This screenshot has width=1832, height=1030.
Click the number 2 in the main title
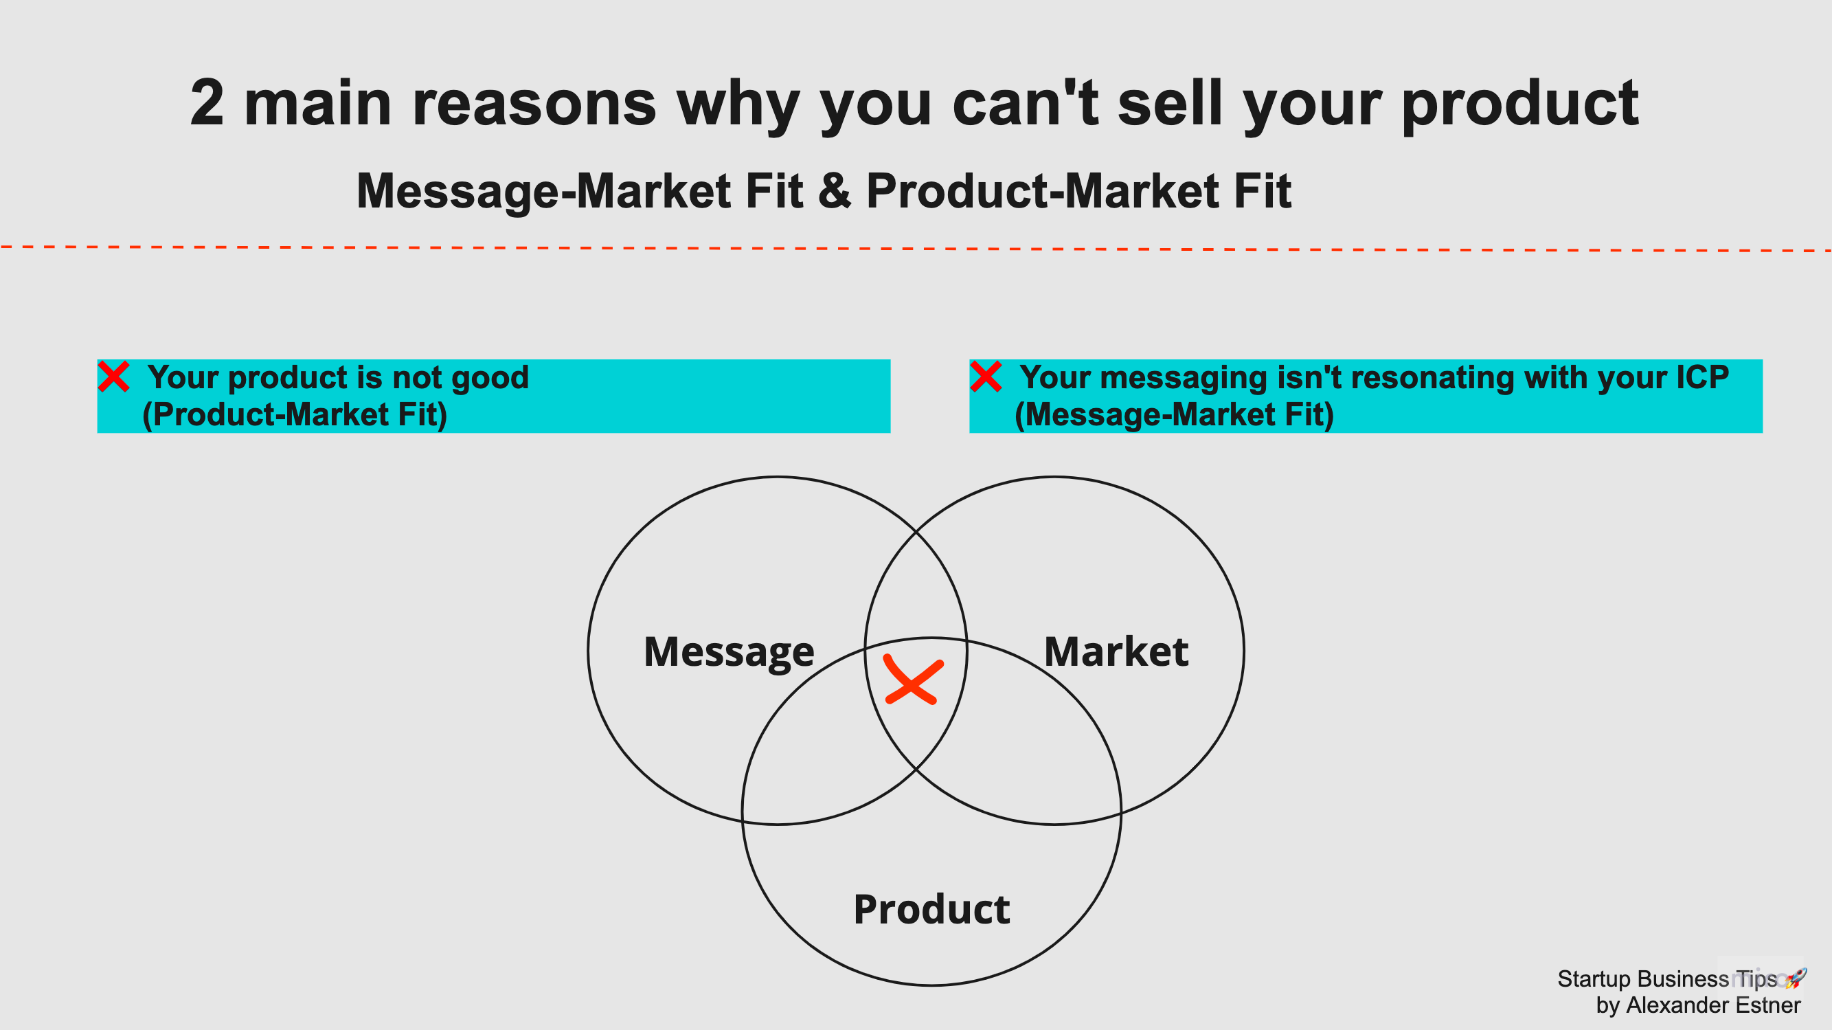pos(207,104)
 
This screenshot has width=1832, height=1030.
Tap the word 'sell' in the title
pos(1169,104)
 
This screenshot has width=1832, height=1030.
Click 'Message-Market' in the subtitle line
pos(543,192)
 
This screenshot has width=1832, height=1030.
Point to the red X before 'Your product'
pos(114,377)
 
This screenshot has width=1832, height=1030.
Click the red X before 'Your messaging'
pos(986,377)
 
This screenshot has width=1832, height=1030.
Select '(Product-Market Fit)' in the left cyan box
pos(295,415)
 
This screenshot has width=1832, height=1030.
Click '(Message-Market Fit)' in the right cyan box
pos(1174,415)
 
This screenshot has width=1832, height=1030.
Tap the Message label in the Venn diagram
pos(729,651)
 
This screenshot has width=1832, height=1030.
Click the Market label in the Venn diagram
pos(1116,651)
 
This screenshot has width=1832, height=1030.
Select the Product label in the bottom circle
pos(931,909)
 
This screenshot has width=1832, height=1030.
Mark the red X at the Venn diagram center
pos(913,682)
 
